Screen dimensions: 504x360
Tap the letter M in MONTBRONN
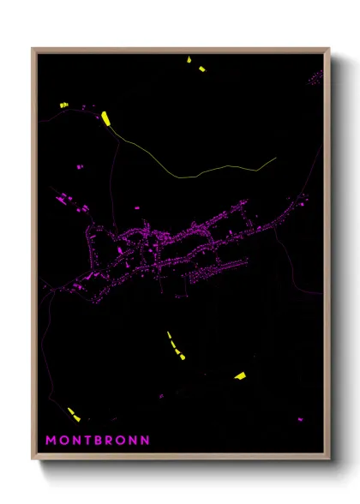pyautogui.click(x=50, y=441)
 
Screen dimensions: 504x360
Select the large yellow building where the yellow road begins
pyautogui.click(x=105, y=118)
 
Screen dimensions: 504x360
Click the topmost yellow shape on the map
pyautogui.click(x=189, y=60)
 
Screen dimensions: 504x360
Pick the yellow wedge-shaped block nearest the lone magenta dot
pyautogui.click(x=240, y=375)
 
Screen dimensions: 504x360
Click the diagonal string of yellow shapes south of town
pyautogui.click(x=176, y=345)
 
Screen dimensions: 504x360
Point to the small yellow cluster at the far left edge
pyautogui.click(x=63, y=105)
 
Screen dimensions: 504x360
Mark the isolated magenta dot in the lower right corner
pyautogui.click(x=300, y=418)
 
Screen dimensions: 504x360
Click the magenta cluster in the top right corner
pyautogui.click(x=315, y=79)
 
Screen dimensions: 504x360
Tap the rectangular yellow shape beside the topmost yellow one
pyautogui.click(x=202, y=69)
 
